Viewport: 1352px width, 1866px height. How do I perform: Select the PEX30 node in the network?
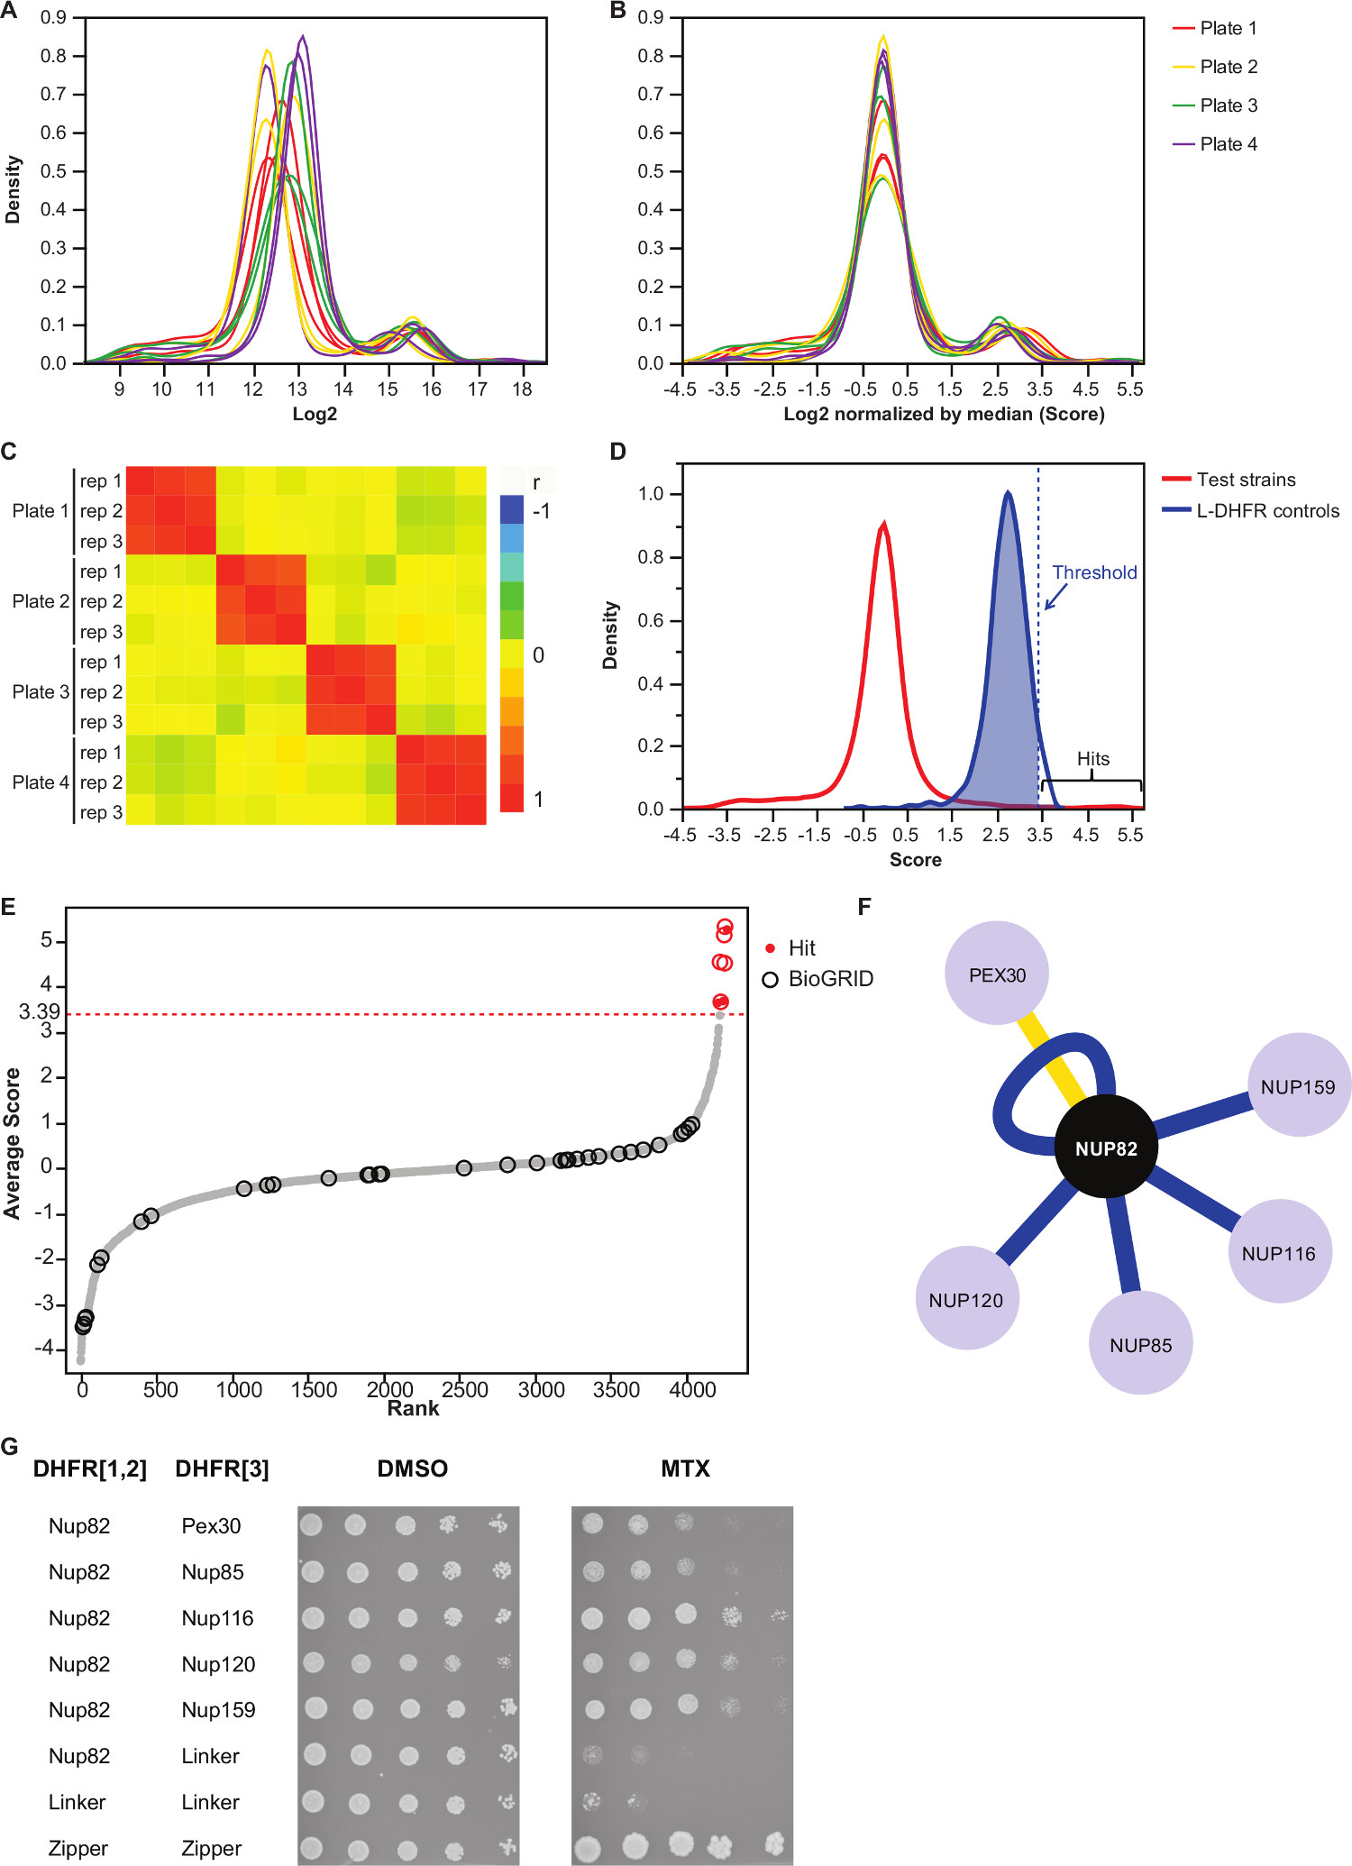pos(997,974)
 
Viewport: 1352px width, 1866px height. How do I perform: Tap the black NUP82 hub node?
pos(1106,1148)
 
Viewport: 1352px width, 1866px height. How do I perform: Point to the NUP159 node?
pos(1298,1086)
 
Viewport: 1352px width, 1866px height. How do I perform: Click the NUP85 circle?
pos(1141,1344)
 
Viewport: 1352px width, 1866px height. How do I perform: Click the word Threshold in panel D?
pos(1094,572)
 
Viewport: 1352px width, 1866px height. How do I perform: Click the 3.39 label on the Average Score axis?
pos(40,1011)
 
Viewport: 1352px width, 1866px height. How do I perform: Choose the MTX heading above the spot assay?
pos(685,1468)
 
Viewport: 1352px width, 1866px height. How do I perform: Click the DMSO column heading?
pos(412,1468)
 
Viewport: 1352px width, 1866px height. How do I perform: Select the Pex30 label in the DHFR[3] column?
pos(211,1526)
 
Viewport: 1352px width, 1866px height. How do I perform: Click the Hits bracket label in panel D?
pos(1092,759)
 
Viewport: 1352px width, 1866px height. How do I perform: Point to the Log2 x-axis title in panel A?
pos(315,414)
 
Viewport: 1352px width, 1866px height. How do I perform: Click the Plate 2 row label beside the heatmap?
pos(41,601)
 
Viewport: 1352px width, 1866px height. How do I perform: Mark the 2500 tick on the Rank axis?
pos(465,1389)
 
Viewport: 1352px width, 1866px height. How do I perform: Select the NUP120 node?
pos(965,1300)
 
